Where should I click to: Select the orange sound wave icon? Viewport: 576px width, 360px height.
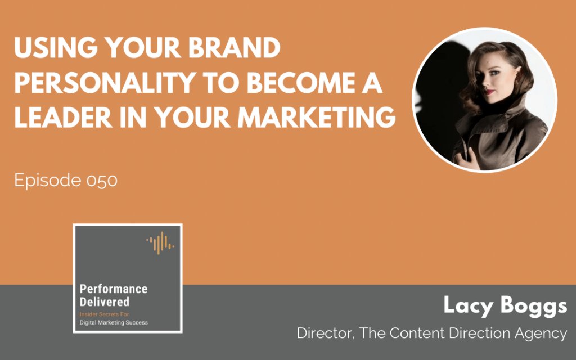tap(160, 241)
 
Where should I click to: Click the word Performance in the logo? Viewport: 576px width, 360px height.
tap(114, 289)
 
